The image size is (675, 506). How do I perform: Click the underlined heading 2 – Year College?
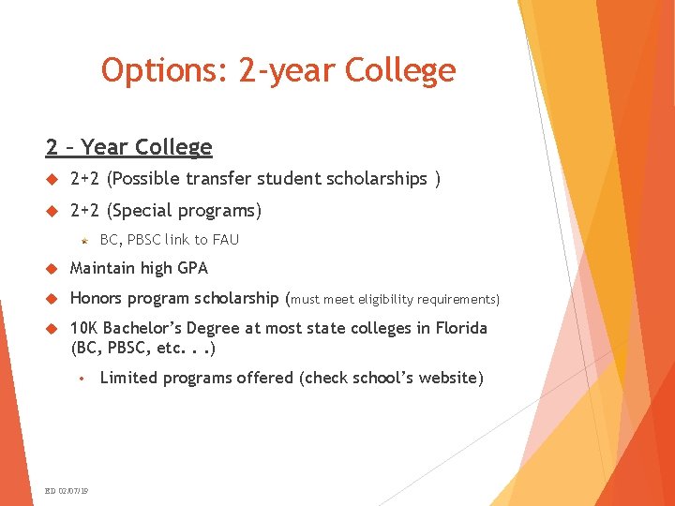click(128, 147)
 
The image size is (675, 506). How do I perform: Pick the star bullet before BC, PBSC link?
click(84, 241)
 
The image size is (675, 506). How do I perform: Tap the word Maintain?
click(102, 268)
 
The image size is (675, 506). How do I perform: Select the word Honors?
click(97, 299)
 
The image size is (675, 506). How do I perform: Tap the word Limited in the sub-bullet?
click(127, 378)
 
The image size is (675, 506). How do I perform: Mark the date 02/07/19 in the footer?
click(73, 491)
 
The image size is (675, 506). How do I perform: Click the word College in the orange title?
click(400, 70)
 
